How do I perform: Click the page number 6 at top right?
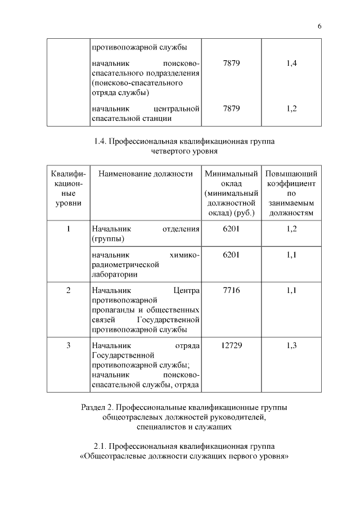pyautogui.click(x=319, y=26)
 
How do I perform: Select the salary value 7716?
pyautogui.click(x=231, y=291)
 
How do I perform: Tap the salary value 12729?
pyautogui.click(x=231, y=345)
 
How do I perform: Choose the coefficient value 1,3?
pyautogui.click(x=291, y=345)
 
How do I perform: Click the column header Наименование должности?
pyautogui.click(x=145, y=174)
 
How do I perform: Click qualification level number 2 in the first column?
pyautogui.click(x=68, y=291)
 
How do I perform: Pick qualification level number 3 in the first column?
pyautogui.click(x=68, y=345)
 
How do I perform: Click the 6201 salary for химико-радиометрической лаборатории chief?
pyautogui.click(x=231, y=255)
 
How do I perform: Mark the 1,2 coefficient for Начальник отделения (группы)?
pyautogui.click(x=291, y=229)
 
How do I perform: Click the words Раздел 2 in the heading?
pyautogui.click(x=96, y=407)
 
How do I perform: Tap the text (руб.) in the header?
pyautogui.click(x=245, y=213)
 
